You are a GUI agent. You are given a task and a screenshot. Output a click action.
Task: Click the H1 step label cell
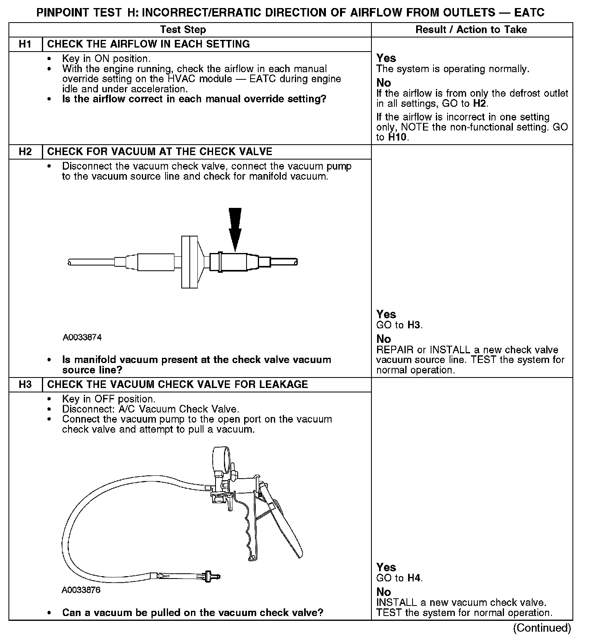[x=25, y=44]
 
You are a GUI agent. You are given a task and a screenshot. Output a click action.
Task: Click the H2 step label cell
[x=25, y=152]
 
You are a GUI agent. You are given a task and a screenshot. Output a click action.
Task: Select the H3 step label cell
[x=25, y=385]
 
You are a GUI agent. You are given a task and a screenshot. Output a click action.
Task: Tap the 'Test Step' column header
[x=183, y=30]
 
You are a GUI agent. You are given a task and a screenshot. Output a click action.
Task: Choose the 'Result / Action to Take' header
[x=471, y=30]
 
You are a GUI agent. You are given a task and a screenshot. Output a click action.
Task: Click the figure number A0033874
[x=82, y=337]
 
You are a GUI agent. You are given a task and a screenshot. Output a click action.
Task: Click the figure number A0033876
[x=81, y=590]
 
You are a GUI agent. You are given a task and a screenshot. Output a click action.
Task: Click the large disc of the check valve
[x=190, y=262]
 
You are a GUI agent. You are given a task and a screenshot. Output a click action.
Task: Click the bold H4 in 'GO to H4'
[x=414, y=578]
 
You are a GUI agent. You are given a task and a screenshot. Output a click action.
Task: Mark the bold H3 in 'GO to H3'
[x=414, y=325]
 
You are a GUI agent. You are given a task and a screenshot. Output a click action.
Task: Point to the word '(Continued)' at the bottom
[x=541, y=628]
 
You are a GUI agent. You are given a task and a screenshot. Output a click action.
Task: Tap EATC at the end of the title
[x=529, y=12]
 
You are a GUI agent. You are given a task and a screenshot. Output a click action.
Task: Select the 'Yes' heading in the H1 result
[x=386, y=58]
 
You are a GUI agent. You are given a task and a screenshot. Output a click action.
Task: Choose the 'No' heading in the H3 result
[x=384, y=592]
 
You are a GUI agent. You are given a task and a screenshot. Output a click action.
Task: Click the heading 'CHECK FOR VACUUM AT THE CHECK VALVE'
[x=160, y=152]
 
